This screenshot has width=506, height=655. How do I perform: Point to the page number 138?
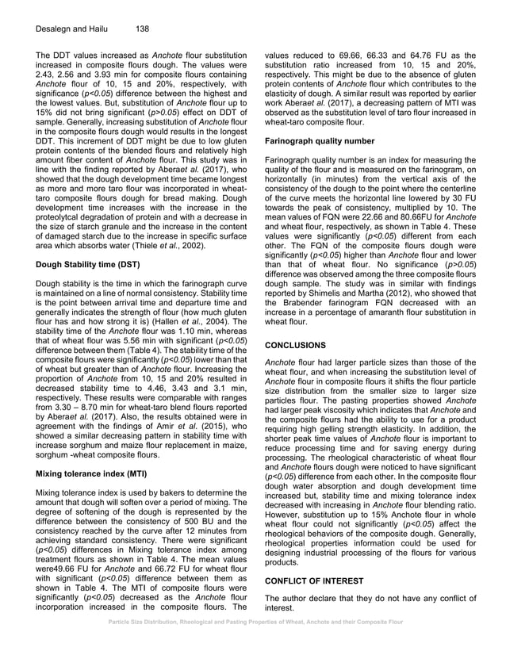pos(142,29)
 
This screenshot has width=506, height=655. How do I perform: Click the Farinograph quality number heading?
pos(325,140)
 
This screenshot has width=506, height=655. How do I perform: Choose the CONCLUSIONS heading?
pos(295,346)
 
